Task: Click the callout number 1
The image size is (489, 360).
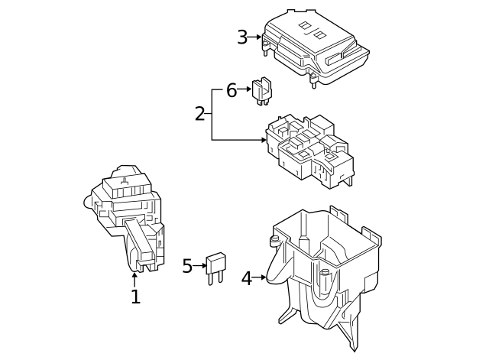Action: pos(135,297)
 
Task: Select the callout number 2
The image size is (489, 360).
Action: pos(200,114)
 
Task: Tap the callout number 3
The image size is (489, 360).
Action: pos(242,37)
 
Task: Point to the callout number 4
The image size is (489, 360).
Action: pos(246,278)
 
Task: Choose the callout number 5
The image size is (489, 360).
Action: pos(187,266)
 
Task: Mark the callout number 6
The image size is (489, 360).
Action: pos(232,90)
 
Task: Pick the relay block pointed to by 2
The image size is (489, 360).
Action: pos(309,149)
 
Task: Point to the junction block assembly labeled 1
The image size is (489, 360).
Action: pos(128,214)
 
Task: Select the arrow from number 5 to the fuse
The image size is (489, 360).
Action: pos(200,266)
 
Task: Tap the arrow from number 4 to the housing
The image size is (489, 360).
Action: pos(259,277)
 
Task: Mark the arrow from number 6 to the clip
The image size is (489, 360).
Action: pos(244,90)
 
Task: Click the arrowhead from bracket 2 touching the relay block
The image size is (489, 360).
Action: pos(264,141)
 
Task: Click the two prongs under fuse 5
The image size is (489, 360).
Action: pos(212,278)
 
